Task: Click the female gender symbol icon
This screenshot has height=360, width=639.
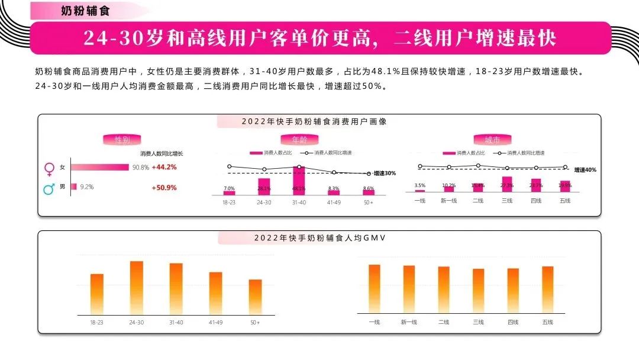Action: pyautogui.click(x=50, y=169)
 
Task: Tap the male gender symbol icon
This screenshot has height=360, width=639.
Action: pyautogui.click(x=50, y=188)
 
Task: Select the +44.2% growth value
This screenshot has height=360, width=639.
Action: pyautogui.click(x=164, y=168)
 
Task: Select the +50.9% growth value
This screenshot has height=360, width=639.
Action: pyautogui.click(x=164, y=188)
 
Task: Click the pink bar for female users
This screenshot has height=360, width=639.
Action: pyautogui.click(x=99, y=168)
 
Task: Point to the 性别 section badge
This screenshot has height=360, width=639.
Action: pyautogui.click(x=122, y=140)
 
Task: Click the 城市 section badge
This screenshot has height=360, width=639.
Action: pyautogui.click(x=492, y=140)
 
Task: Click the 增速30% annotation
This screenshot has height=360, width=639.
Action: pyautogui.click(x=385, y=173)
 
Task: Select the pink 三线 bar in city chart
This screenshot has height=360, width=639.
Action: pyautogui.click(x=506, y=184)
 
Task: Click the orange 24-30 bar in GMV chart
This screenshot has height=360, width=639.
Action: pyautogui.click(x=137, y=287)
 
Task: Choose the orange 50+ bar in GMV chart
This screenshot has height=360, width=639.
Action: pyautogui.click(x=255, y=296)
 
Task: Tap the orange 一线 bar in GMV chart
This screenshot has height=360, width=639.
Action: pyautogui.click(x=374, y=289)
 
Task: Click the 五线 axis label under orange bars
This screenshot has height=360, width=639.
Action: pyautogui.click(x=547, y=322)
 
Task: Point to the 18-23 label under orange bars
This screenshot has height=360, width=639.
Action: pyautogui.click(x=96, y=322)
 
